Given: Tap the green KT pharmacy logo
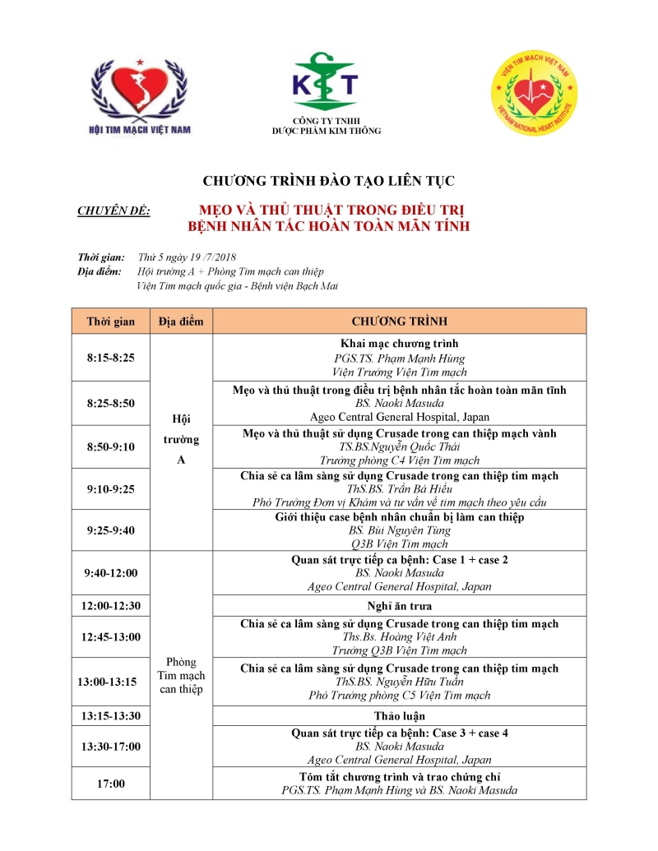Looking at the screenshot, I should (327, 83).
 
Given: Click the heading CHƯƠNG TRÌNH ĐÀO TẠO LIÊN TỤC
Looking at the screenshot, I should (329, 180).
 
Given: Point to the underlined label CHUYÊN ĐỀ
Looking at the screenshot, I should (114, 211).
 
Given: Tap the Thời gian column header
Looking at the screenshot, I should (111, 321).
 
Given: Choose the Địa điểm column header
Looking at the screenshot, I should (181, 321).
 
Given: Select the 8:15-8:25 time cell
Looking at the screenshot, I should (111, 358).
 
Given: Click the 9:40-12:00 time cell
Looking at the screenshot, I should (111, 573).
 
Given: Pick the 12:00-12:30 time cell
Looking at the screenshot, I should (111, 606).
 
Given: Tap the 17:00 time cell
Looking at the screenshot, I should (111, 784).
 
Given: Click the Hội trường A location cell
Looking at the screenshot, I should (181, 439).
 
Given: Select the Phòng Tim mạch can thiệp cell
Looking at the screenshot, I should (181, 675).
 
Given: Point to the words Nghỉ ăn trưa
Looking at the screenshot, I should (400, 606).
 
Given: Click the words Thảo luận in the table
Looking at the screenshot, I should (400, 716).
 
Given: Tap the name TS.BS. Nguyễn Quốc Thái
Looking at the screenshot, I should (400, 446).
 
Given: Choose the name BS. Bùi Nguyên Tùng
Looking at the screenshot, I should (400, 531).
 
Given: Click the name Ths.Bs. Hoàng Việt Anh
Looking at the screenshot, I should (400, 637).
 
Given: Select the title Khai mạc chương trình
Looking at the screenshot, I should (400, 344).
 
